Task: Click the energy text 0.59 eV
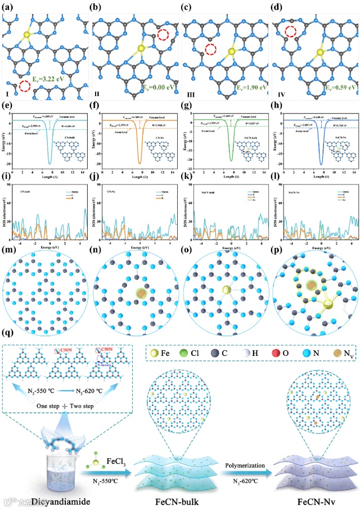[x=325, y=88]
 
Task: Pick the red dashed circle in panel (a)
[x=24, y=87]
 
